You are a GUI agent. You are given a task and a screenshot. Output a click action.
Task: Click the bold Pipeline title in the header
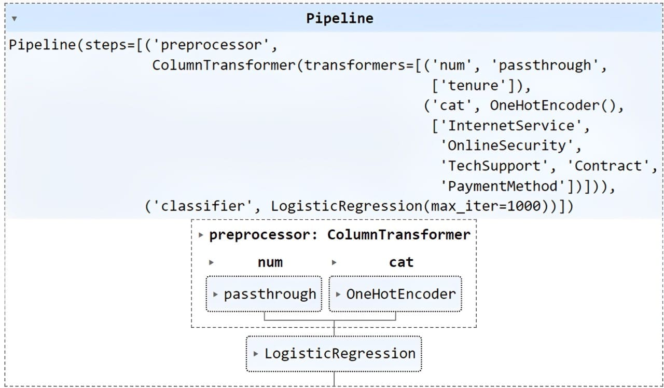[x=340, y=18]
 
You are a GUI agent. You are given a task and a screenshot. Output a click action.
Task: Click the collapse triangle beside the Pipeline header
[x=14, y=19]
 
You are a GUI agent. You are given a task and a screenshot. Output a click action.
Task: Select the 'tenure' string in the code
[x=476, y=86]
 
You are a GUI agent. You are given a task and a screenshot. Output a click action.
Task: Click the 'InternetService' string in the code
[x=511, y=126]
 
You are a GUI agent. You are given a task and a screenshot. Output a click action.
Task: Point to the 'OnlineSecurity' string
[x=507, y=146]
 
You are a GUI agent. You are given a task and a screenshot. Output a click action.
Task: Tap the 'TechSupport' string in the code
[x=494, y=166]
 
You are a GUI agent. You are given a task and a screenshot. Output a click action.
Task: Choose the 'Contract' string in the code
[x=608, y=166]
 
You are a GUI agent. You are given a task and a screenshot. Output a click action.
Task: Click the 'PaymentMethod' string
[x=503, y=186]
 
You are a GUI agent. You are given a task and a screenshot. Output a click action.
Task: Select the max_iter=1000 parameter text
[x=486, y=206]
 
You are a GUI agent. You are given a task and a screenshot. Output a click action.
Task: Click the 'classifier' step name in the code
[x=203, y=206]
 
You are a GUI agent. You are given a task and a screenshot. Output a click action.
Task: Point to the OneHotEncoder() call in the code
[x=553, y=105]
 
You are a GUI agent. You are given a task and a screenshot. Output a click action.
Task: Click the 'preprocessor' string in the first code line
[x=211, y=45]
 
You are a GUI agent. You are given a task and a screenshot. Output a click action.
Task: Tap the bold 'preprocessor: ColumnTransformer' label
[x=340, y=235]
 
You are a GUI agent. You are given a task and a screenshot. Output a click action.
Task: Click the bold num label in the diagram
[x=270, y=262]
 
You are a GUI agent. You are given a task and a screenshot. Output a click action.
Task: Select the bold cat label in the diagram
[x=401, y=262]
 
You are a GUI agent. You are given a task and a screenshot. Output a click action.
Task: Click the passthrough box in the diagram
[x=264, y=294]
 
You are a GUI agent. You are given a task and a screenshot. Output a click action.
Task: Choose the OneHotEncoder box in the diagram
[x=395, y=294]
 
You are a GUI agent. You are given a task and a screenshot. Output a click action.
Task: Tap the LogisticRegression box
[x=334, y=354]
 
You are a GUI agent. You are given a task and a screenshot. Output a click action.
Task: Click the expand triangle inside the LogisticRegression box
[x=256, y=354]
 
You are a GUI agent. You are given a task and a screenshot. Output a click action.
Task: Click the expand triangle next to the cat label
[x=334, y=262]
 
